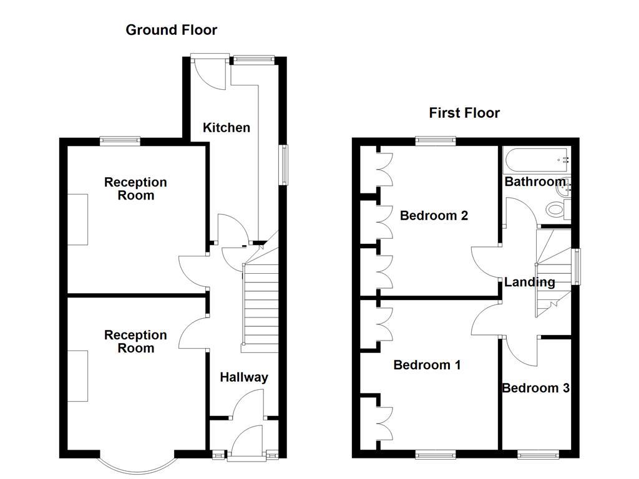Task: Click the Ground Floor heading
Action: [171, 29]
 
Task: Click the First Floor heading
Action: [464, 113]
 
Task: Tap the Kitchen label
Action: [227, 128]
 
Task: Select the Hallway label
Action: [244, 377]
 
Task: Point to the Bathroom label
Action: [534, 182]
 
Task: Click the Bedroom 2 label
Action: [434, 216]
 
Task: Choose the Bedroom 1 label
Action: [427, 365]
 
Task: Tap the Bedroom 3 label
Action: [535, 388]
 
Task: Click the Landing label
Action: [530, 282]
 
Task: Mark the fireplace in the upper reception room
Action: [78, 219]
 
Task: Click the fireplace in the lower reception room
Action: [78, 375]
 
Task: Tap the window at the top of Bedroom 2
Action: [436, 140]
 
